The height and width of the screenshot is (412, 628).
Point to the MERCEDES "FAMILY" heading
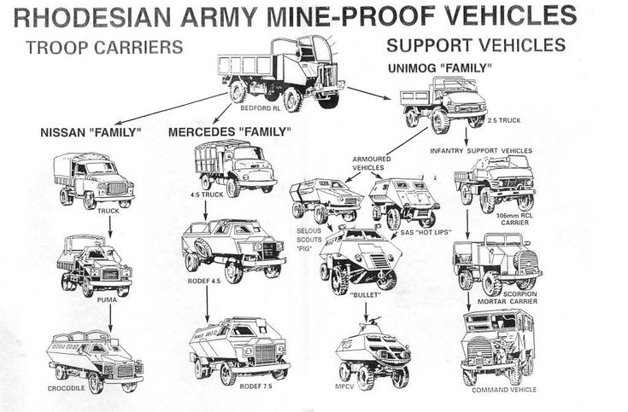tap(230, 132)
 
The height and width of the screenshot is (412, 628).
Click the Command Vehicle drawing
tap(498, 345)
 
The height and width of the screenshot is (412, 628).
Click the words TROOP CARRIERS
tap(104, 48)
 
